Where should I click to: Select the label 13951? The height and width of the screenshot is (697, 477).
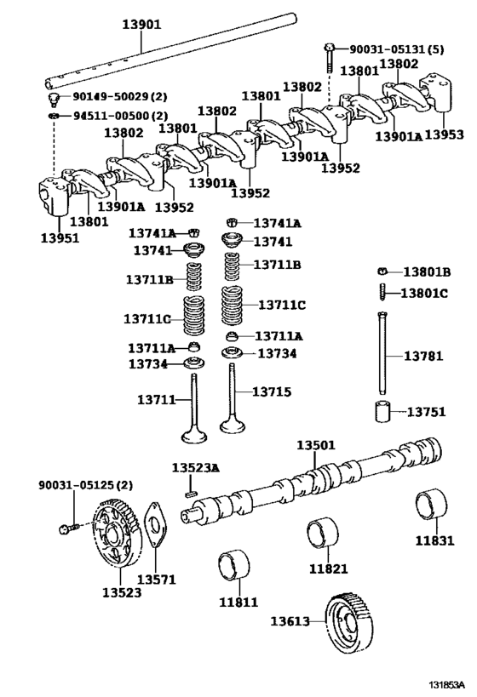(x=60, y=238)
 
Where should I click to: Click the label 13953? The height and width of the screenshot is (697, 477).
(x=444, y=134)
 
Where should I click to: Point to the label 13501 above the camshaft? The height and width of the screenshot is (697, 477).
(x=316, y=445)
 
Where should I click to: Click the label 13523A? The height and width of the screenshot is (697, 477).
(x=196, y=469)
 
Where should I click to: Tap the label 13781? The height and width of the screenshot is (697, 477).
(x=423, y=356)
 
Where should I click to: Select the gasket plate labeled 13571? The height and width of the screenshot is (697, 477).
(x=155, y=532)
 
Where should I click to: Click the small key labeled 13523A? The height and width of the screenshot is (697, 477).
(x=193, y=490)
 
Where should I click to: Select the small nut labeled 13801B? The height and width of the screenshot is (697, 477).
(x=382, y=271)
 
